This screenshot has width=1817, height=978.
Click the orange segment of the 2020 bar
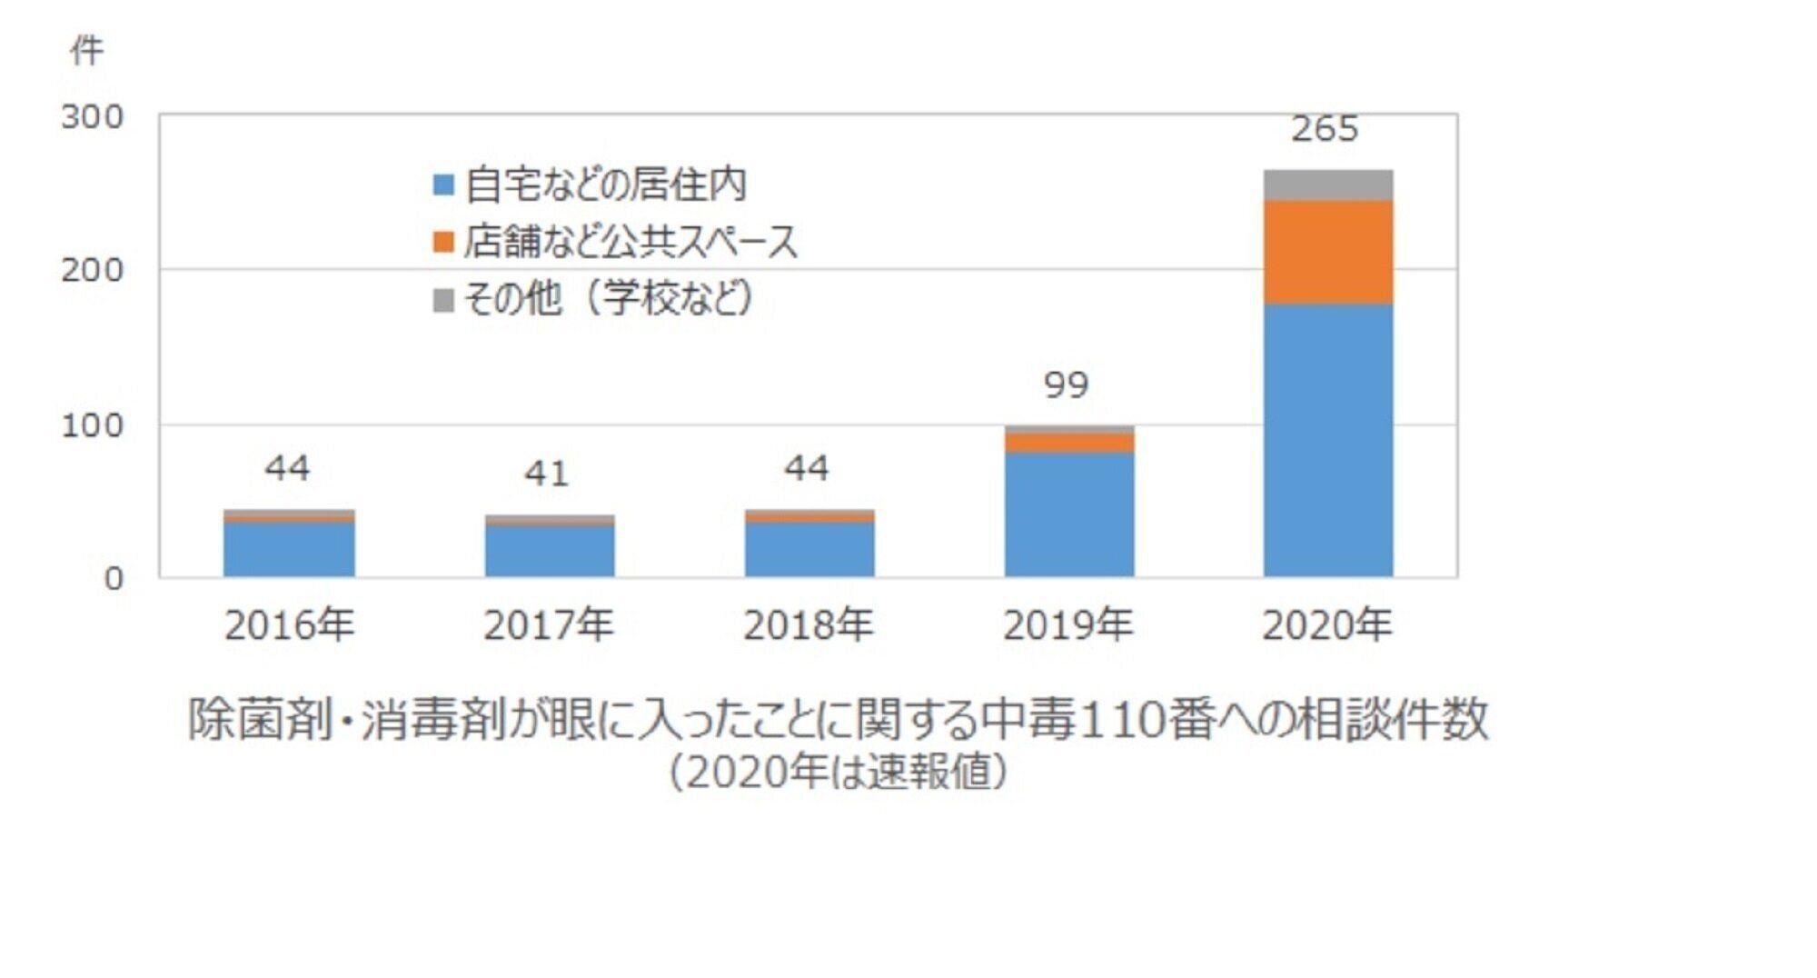(x=1327, y=252)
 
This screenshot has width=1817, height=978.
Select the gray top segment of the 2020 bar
(x=1327, y=185)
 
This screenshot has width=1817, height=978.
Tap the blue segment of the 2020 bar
(x=1327, y=440)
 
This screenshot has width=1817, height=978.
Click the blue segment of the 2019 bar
(x=1068, y=514)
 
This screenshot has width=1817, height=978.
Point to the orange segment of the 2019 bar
(x=1068, y=443)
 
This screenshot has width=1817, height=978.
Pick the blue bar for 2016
(x=289, y=549)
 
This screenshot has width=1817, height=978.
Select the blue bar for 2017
(x=549, y=551)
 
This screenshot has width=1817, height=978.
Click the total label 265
(x=1325, y=129)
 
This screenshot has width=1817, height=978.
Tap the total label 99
(x=1066, y=385)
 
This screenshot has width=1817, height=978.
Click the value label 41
(x=546, y=474)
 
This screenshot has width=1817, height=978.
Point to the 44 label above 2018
(x=806, y=468)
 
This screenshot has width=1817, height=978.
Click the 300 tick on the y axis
(x=92, y=116)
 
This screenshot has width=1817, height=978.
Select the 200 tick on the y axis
(x=92, y=270)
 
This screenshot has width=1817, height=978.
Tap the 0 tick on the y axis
(x=113, y=578)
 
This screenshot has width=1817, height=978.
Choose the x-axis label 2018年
(x=808, y=625)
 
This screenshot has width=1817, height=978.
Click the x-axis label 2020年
(x=1326, y=625)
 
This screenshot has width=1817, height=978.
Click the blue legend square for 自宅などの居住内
(x=442, y=185)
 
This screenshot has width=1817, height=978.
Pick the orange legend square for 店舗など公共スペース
(x=442, y=242)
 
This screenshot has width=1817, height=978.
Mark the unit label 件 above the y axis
(x=86, y=51)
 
